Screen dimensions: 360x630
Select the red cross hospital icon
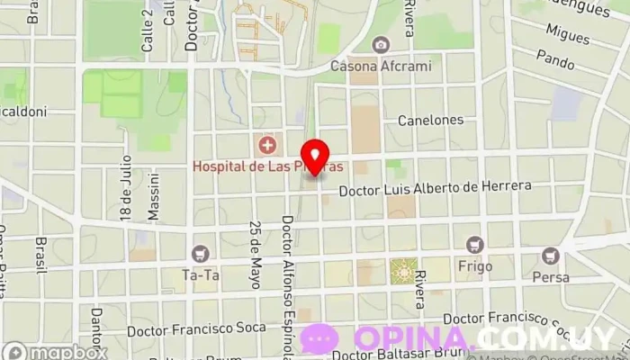(266, 145)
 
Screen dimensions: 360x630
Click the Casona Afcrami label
(381, 66)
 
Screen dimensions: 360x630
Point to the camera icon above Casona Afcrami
(381, 45)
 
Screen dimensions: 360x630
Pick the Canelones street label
(430, 120)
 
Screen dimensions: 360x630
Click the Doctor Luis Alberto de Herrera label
(435, 189)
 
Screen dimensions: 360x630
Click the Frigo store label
(474, 267)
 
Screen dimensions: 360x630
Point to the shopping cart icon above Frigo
(474, 245)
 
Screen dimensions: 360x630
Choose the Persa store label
(551, 277)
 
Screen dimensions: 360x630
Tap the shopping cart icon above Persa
(551, 256)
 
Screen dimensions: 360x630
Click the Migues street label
(568, 36)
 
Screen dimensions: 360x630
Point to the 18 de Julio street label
(126, 187)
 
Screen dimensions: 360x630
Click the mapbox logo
(54, 351)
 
